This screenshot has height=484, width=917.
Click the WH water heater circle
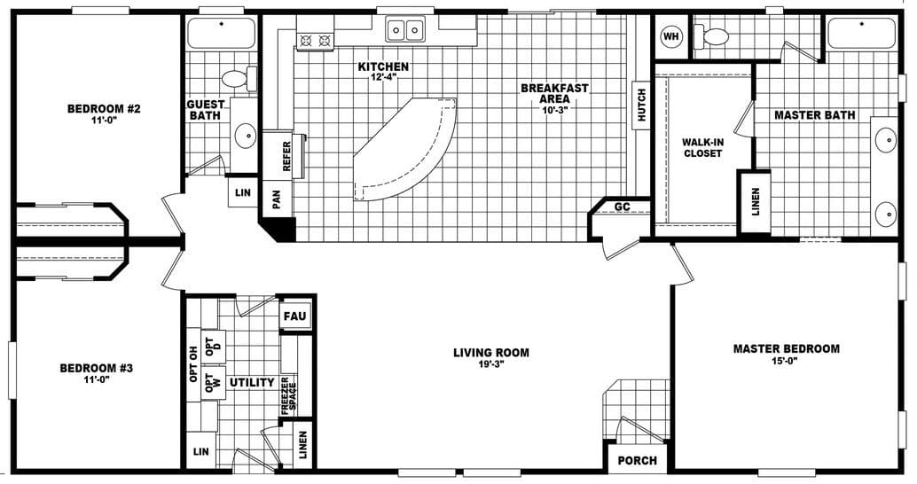(x=670, y=36)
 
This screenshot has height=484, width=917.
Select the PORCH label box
(x=638, y=460)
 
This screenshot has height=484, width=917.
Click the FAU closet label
(x=294, y=316)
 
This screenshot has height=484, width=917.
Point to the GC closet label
(x=623, y=207)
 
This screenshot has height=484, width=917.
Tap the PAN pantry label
(x=276, y=200)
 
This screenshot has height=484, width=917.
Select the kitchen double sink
(x=406, y=30)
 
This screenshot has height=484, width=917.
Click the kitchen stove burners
(x=315, y=39)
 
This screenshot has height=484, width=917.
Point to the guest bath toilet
(x=236, y=78)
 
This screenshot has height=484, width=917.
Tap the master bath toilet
(x=713, y=36)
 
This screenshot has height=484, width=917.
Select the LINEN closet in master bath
(x=755, y=201)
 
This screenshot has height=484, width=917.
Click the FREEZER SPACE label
(x=290, y=395)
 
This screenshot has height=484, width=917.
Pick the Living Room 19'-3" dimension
(x=490, y=365)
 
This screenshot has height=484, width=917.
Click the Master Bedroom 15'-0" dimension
(x=786, y=362)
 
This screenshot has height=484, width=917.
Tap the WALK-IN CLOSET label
(x=702, y=147)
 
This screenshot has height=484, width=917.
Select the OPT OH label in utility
(x=194, y=363)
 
